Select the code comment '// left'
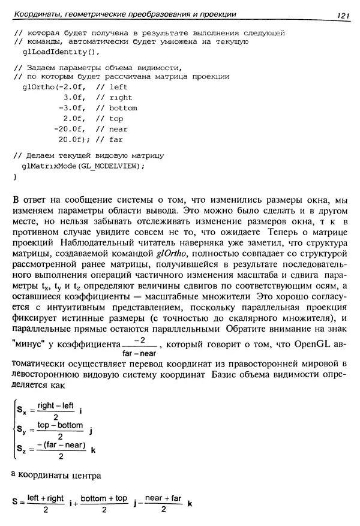coord(112,87)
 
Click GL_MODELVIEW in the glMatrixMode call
coord(110,166)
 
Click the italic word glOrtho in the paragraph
coord(170,253)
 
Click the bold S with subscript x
coord(21,412)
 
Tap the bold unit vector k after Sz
coord(94,450)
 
